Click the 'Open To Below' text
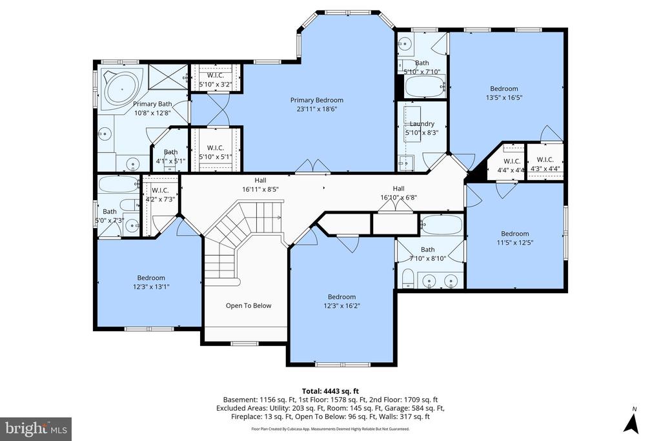248,305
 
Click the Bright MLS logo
36,428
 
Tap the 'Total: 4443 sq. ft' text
330,391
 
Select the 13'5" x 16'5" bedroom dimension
503,98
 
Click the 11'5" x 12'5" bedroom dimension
514,243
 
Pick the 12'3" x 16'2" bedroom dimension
341,306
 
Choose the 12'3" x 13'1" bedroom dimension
150,287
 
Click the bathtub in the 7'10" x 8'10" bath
442,225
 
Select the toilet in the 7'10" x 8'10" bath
407,278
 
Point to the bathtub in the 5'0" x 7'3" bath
118,185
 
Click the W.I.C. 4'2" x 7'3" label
160,194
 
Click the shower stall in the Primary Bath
167,77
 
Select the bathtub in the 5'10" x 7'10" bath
425,84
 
